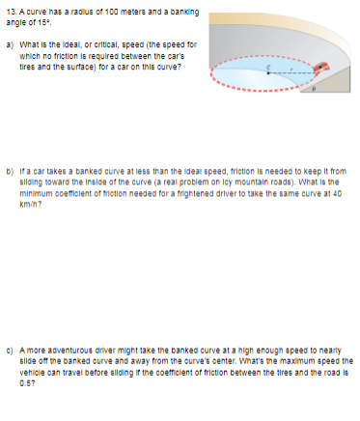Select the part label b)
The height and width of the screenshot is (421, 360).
pos(14,168)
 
